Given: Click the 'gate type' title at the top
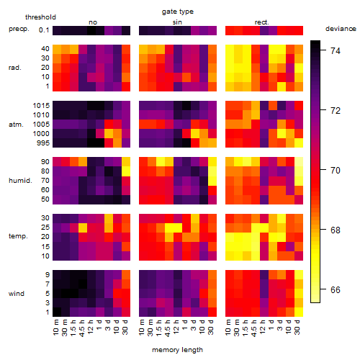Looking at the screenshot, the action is [x=178, y=12].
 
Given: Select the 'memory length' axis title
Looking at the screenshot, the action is [x=177, y=350].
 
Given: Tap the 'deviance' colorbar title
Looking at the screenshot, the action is [x=341, y=29].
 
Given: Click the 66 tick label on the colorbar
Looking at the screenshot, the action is [x=336, y=289].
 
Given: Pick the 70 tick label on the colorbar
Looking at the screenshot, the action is [x=336, y=170].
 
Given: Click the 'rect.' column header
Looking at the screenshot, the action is [x=261, y=22].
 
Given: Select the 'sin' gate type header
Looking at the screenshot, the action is [x=177, y=22].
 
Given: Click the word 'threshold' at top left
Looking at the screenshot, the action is [x=40, y=17].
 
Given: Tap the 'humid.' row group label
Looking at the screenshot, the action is [x=20, y=181].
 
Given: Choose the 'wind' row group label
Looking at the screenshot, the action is [x=17, y=294].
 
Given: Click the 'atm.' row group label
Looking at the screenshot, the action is [x=16, y=125].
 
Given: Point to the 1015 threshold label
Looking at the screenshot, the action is [x=41, y=106].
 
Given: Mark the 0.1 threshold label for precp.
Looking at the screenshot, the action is [x=44, y=30].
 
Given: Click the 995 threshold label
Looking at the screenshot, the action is [x=43, y=143].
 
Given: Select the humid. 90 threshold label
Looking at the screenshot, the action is [x=45, y=162].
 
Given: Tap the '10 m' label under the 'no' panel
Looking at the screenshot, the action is [x=55, y=327].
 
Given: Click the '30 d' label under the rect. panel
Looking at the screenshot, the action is [x=297, y=327].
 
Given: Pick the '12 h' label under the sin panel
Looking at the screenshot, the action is [x=176, y=327].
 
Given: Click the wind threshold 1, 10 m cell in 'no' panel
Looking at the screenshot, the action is [x=57, y=312].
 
